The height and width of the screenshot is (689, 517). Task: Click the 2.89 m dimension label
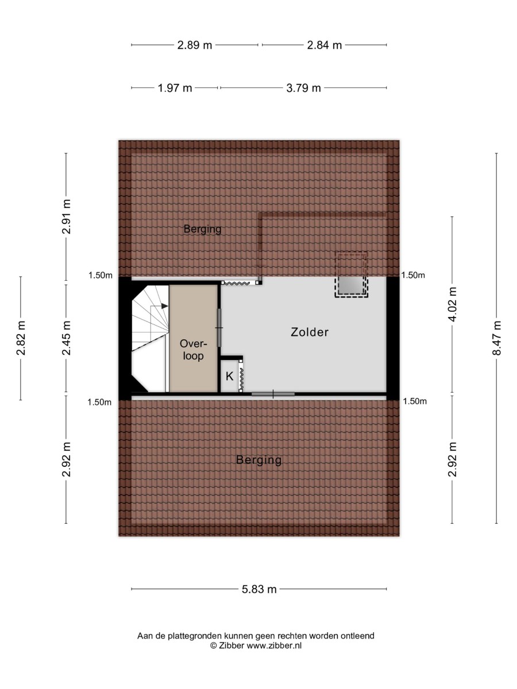coord(194,45)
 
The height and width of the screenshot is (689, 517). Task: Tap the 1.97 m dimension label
coord(175,88)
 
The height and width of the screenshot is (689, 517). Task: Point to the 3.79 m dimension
coord(303,88)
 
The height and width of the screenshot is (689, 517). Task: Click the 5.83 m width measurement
coord(259,589)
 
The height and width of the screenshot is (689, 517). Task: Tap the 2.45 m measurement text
coord(67,338)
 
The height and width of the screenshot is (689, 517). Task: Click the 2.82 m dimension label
coord(21,338)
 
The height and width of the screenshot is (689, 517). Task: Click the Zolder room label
coord(310,332)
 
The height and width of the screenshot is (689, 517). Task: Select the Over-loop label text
coord(192,349)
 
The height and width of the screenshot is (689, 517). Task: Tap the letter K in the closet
coord(229,377)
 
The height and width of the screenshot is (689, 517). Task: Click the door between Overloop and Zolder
coord(219,327)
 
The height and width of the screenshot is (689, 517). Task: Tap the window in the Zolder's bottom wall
coord(273,394)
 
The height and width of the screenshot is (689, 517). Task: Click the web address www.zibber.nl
coord(274,645)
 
